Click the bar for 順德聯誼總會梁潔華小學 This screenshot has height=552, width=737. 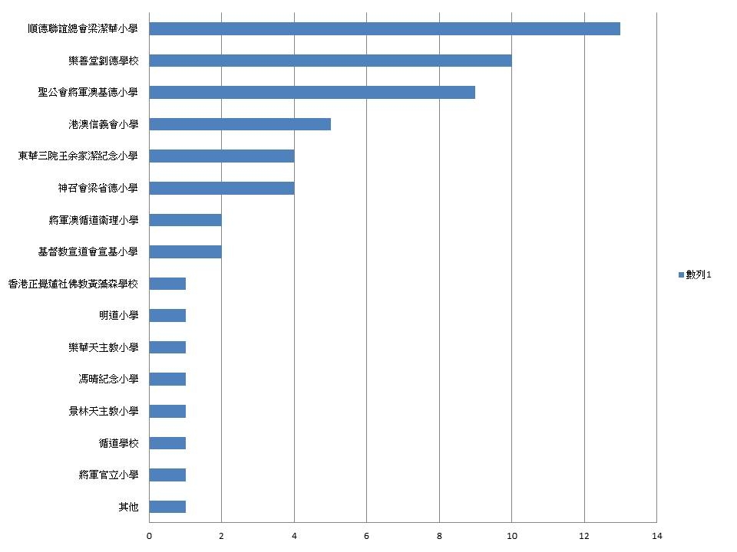(384, 29)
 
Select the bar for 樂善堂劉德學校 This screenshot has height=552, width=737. (330, 61)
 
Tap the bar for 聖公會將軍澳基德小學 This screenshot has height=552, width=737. (312, 93)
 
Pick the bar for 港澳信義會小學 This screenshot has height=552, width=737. (240, 124)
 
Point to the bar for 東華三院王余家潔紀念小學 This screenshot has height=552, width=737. (221, 156)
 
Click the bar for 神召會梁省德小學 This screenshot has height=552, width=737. (221, 188)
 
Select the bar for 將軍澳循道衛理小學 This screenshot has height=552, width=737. (185, 220)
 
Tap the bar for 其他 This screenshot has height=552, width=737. (167, 507)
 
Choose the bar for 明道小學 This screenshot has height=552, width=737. (167, 316)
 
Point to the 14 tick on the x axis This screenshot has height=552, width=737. (656, 537)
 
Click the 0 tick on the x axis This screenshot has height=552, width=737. (149, 537)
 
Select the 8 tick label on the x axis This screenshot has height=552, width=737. (439, 537)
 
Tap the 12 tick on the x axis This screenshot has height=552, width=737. (584, 537)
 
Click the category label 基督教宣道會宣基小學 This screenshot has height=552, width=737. (88, 251)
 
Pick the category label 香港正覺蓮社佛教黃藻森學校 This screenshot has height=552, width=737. (73, 284)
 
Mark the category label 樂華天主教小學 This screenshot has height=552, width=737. (104, 347)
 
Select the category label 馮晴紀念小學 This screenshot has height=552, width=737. (109, 379)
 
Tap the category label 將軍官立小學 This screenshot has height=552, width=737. (109, 475)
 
